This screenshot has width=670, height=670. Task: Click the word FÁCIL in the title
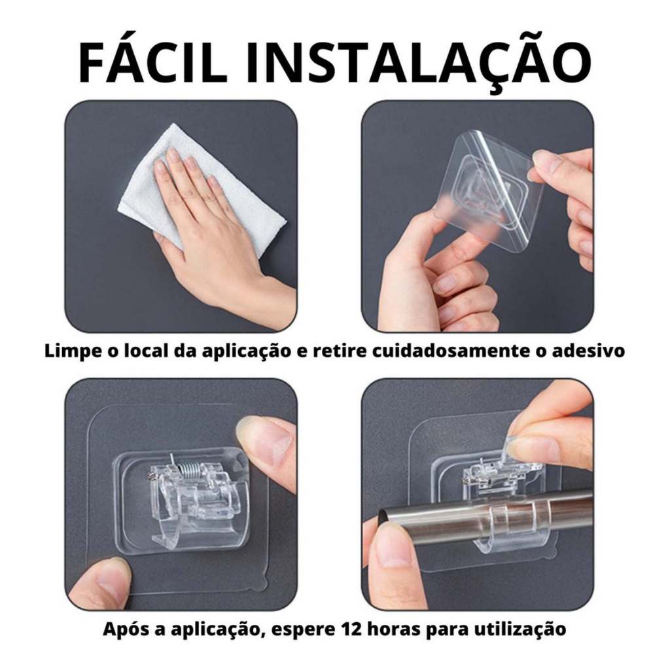coord(153,62)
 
